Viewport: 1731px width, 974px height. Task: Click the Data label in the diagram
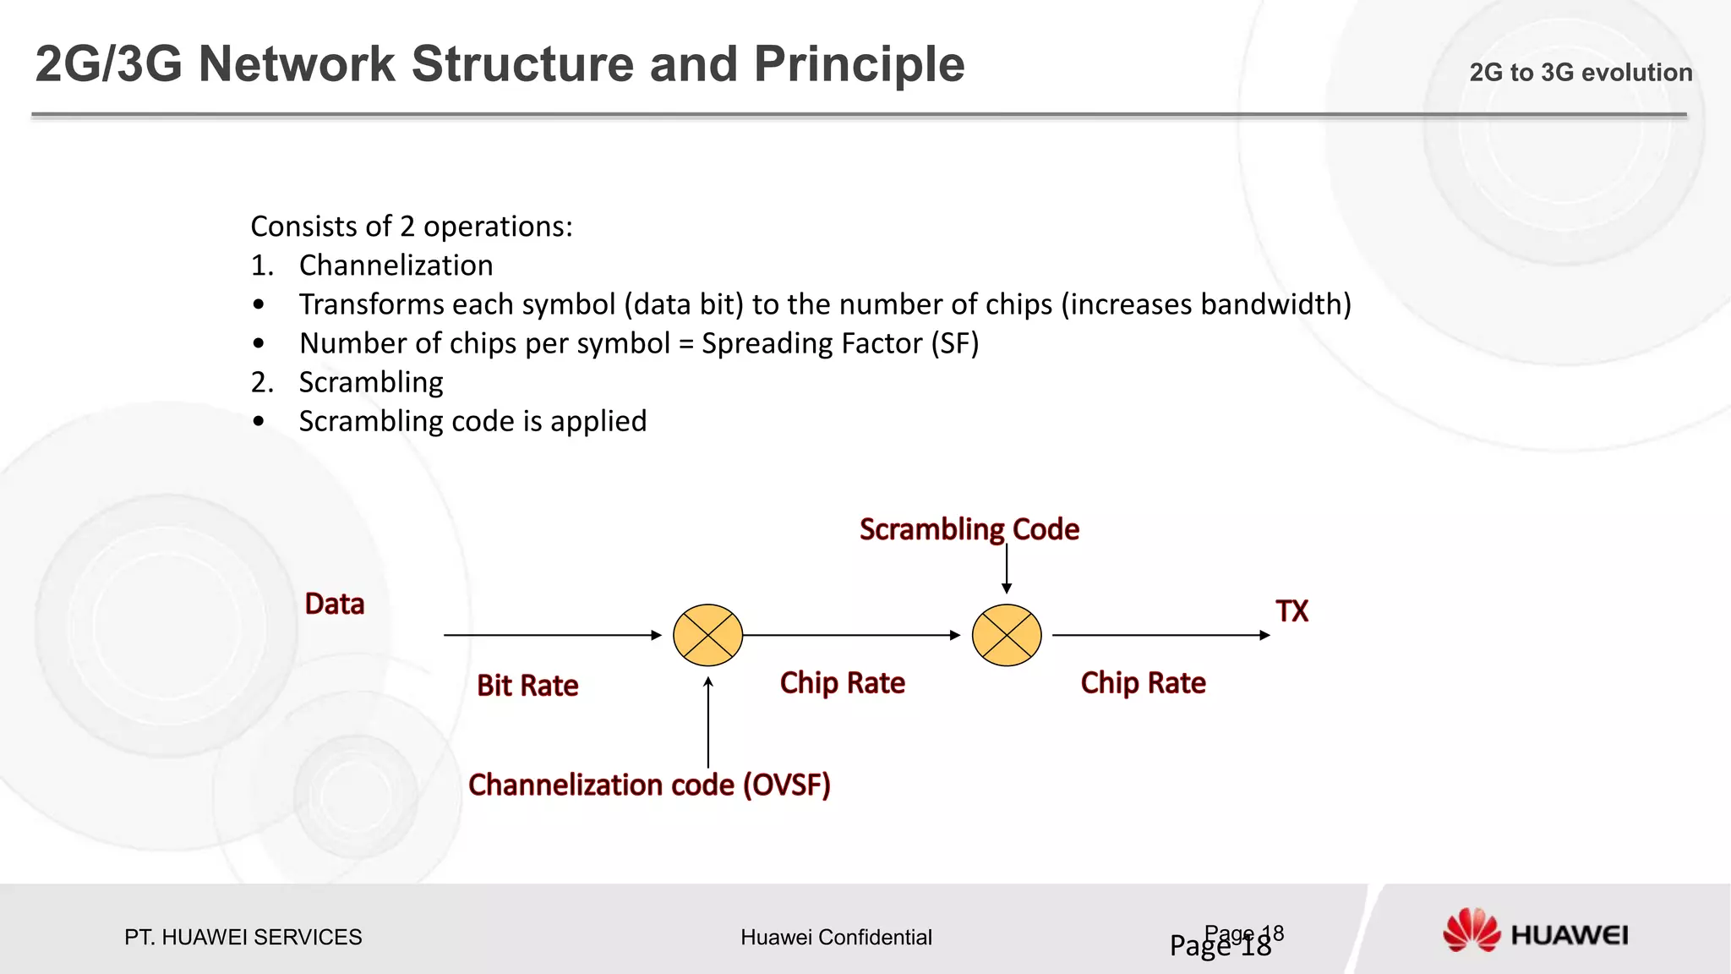335,605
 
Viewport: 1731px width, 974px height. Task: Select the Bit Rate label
527,686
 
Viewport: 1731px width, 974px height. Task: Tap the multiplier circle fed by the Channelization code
708,635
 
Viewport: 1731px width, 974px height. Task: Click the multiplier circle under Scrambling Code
1007,635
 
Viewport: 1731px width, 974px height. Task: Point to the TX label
1291,611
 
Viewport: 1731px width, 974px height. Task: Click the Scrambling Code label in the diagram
969,529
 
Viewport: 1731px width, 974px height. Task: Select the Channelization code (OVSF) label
649,785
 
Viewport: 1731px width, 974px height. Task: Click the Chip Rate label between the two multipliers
842,683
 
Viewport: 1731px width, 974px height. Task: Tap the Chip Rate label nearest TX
1143,683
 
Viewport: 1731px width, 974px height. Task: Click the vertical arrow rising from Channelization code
708,723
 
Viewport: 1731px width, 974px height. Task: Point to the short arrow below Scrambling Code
1007,570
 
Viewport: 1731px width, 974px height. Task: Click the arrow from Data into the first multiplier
552,635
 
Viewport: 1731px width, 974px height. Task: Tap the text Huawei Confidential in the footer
836,938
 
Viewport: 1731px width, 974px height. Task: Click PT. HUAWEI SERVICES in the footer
243,938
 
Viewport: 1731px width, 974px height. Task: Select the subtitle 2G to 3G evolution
1581,73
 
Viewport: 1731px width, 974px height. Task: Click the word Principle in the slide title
859,64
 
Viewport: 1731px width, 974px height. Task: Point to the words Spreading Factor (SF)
840,344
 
